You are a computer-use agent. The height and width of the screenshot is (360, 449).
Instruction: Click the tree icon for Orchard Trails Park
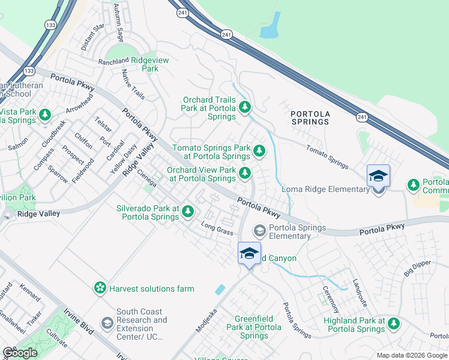(x=245, y=107)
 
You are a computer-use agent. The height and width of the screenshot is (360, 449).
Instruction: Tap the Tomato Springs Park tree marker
(x=259, y=151)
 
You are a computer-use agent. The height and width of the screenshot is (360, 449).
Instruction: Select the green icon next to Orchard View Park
(x=245, y=173)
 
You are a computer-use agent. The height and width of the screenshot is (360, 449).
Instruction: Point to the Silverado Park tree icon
(x=188, y=211)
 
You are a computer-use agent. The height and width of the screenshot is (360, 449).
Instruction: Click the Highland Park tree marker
(x=394, y=324)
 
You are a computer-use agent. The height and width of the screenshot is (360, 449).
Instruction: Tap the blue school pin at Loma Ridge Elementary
(x=378, y=177)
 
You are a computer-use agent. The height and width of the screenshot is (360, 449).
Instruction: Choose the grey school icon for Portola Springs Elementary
(x=260, y=230)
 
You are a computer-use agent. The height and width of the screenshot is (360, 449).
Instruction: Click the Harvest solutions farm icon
(x=100, y=289)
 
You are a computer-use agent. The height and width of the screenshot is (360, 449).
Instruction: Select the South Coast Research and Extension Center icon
(x=107, y=324)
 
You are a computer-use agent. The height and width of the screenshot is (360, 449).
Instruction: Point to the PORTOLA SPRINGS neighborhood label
(x=310, y=118)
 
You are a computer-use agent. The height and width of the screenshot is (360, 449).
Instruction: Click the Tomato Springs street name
(x=327, y=157)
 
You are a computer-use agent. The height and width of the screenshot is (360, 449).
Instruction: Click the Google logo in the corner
(x=19, y=353)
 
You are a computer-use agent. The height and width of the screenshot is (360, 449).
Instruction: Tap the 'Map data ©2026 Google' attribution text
(x=411, y=355)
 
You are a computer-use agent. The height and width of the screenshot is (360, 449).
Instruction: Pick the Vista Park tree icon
(x=44, y=114)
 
